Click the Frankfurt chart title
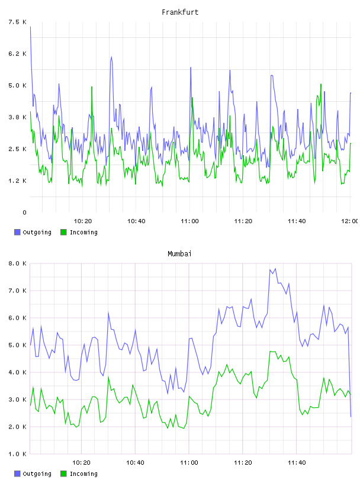[180, 12]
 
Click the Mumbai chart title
[179, 253]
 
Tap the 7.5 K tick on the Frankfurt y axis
[17, 22]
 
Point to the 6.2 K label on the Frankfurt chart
[17, 54]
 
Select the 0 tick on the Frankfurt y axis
[24, 212]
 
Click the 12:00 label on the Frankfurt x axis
[349, 221]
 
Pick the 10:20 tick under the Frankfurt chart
[83, 221]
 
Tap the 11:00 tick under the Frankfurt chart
[189, 221]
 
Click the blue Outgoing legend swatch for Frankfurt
[17, 232]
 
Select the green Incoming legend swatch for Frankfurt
[63, 232]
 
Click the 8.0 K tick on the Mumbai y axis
[17, 263]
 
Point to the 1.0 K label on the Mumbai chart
[17, 454]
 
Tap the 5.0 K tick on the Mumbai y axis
[17, 345]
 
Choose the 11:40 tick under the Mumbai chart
[297, 462]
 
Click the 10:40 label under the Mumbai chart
[136, 462]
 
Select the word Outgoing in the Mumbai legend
[37, 474]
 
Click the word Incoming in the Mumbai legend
[83, 474]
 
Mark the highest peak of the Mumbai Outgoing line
[275, 269]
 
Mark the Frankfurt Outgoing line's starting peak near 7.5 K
[30, 27]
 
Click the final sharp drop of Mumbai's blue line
[349, 373]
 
